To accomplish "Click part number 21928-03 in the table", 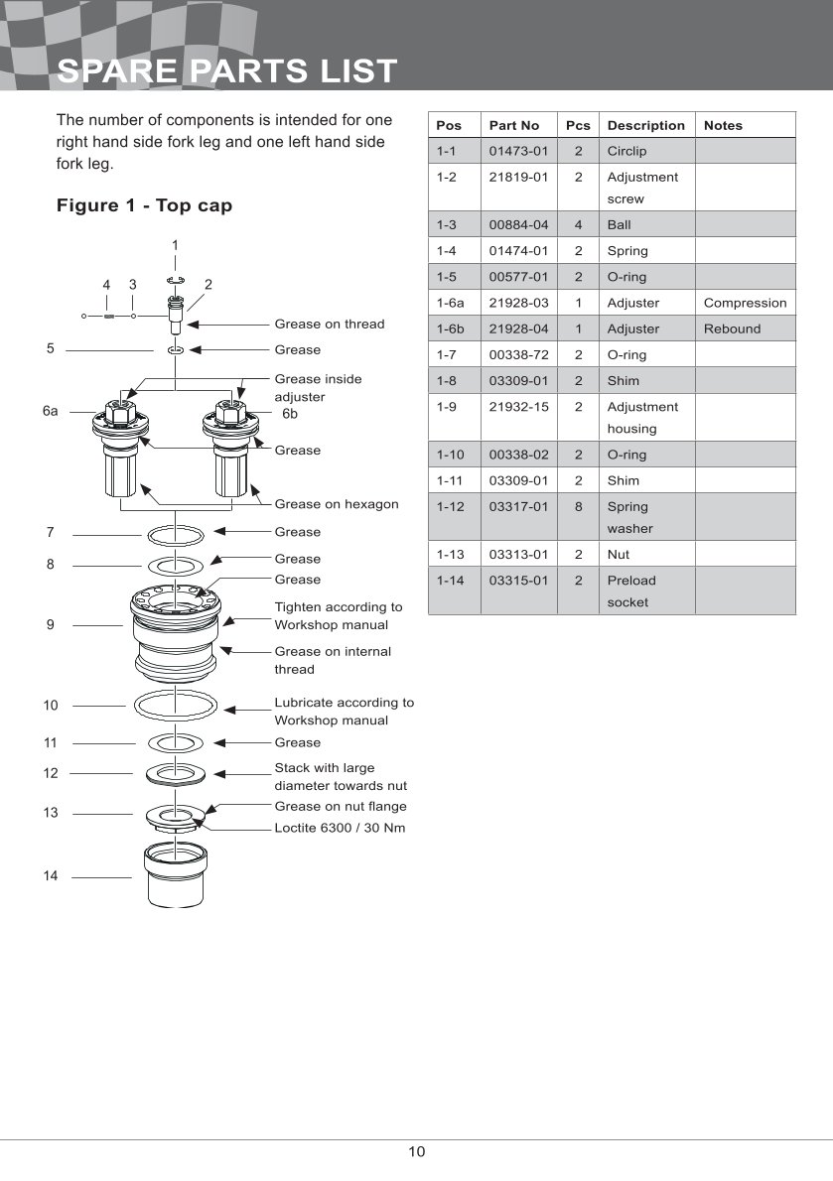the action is tap(519, 303).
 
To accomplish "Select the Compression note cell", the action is tap(745, 303).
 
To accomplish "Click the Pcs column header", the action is tap(578, 125).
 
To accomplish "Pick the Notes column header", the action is tap(723, 125).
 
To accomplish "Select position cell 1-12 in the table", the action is tap(451, 506).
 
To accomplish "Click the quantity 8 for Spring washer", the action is tap(579, 506).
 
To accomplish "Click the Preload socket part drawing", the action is tap(176, 875).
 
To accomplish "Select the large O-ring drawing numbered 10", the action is tap(176, 707).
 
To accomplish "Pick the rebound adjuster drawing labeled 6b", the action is tap(230, 449).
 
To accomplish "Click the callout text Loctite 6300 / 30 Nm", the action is tap(340, 828).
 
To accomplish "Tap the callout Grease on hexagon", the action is tap(337, 504).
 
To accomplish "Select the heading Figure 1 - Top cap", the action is tap(145, 205).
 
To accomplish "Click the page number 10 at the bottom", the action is tap(417, 1151).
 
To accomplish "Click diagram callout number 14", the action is tap(51, 875).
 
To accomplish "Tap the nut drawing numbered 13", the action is tap(176, 817).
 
